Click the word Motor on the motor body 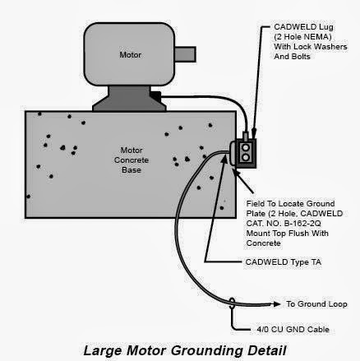pos(131,56)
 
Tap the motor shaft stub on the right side pos(185,55)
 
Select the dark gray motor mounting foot pos(127,98)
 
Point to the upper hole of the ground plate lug pos(247,147)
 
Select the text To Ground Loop pos(312,302)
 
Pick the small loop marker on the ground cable pos(233,303)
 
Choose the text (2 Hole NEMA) pos(300,38)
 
